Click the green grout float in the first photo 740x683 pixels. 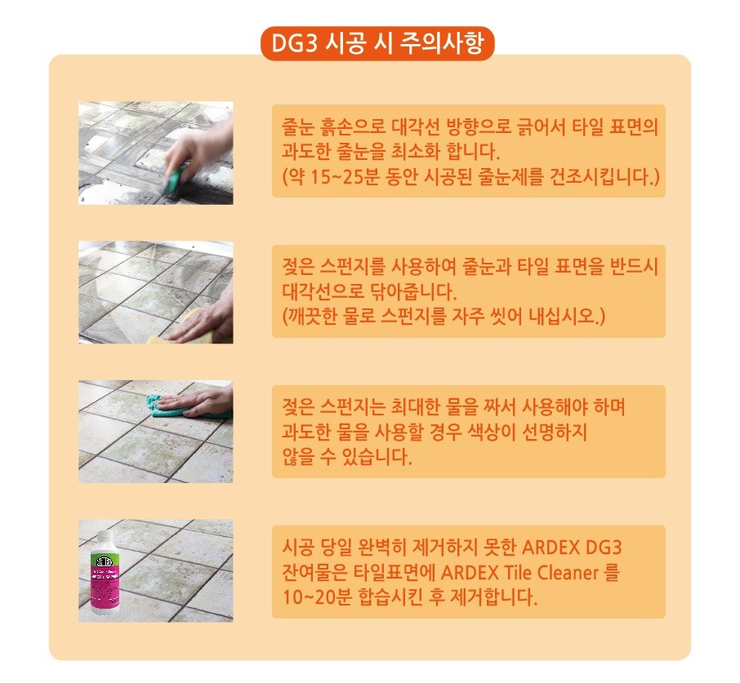176,180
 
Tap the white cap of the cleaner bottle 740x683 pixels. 105,539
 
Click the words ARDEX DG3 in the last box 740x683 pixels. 572,548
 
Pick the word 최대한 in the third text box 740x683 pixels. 416,407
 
